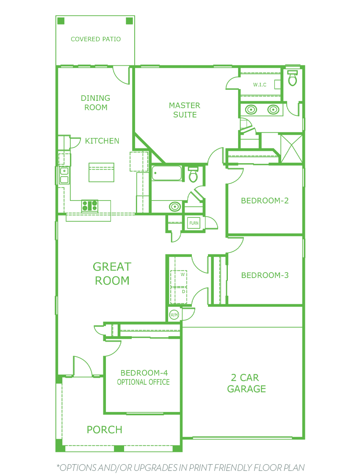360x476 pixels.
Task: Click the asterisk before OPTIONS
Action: [58, 466]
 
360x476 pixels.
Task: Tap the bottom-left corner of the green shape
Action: [55, 452]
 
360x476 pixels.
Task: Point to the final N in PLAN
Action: [301, 468]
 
